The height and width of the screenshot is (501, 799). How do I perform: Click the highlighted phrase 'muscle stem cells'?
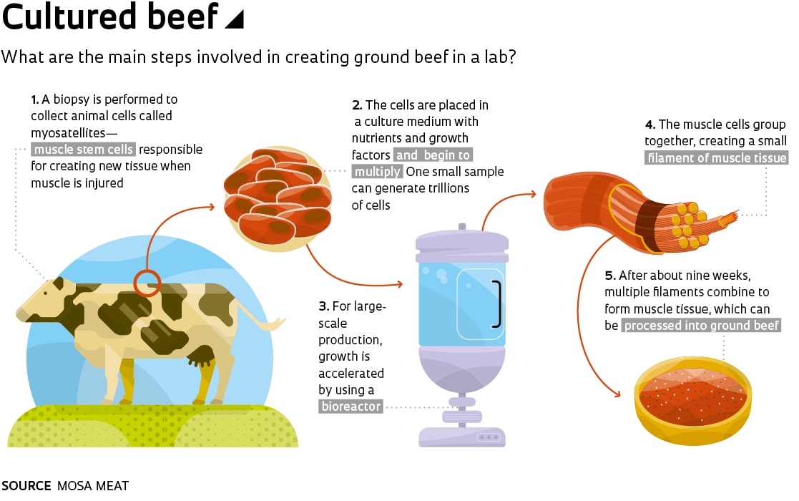coord(84,150)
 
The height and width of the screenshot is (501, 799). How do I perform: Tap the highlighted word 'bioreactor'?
coord(351,407)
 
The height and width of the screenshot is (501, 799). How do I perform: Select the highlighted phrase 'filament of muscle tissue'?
coord(717,158)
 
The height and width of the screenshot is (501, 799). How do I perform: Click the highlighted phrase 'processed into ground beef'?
coord(702,325)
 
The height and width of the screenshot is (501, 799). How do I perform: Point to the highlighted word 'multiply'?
coord(377,171)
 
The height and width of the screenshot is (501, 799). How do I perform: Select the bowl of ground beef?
coord(692,400)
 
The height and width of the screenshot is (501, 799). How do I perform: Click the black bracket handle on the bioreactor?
coord(497,303)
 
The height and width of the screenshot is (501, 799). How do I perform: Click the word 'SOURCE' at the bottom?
coord(26,486)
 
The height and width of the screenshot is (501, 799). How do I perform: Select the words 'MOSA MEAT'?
coord(93,486)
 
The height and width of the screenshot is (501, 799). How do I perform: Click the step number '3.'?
coord(323,306)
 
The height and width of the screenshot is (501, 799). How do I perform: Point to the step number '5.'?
coord(610,276)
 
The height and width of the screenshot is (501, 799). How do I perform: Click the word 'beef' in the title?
coord(182,16)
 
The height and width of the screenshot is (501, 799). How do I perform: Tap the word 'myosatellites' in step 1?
coord(68,132)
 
